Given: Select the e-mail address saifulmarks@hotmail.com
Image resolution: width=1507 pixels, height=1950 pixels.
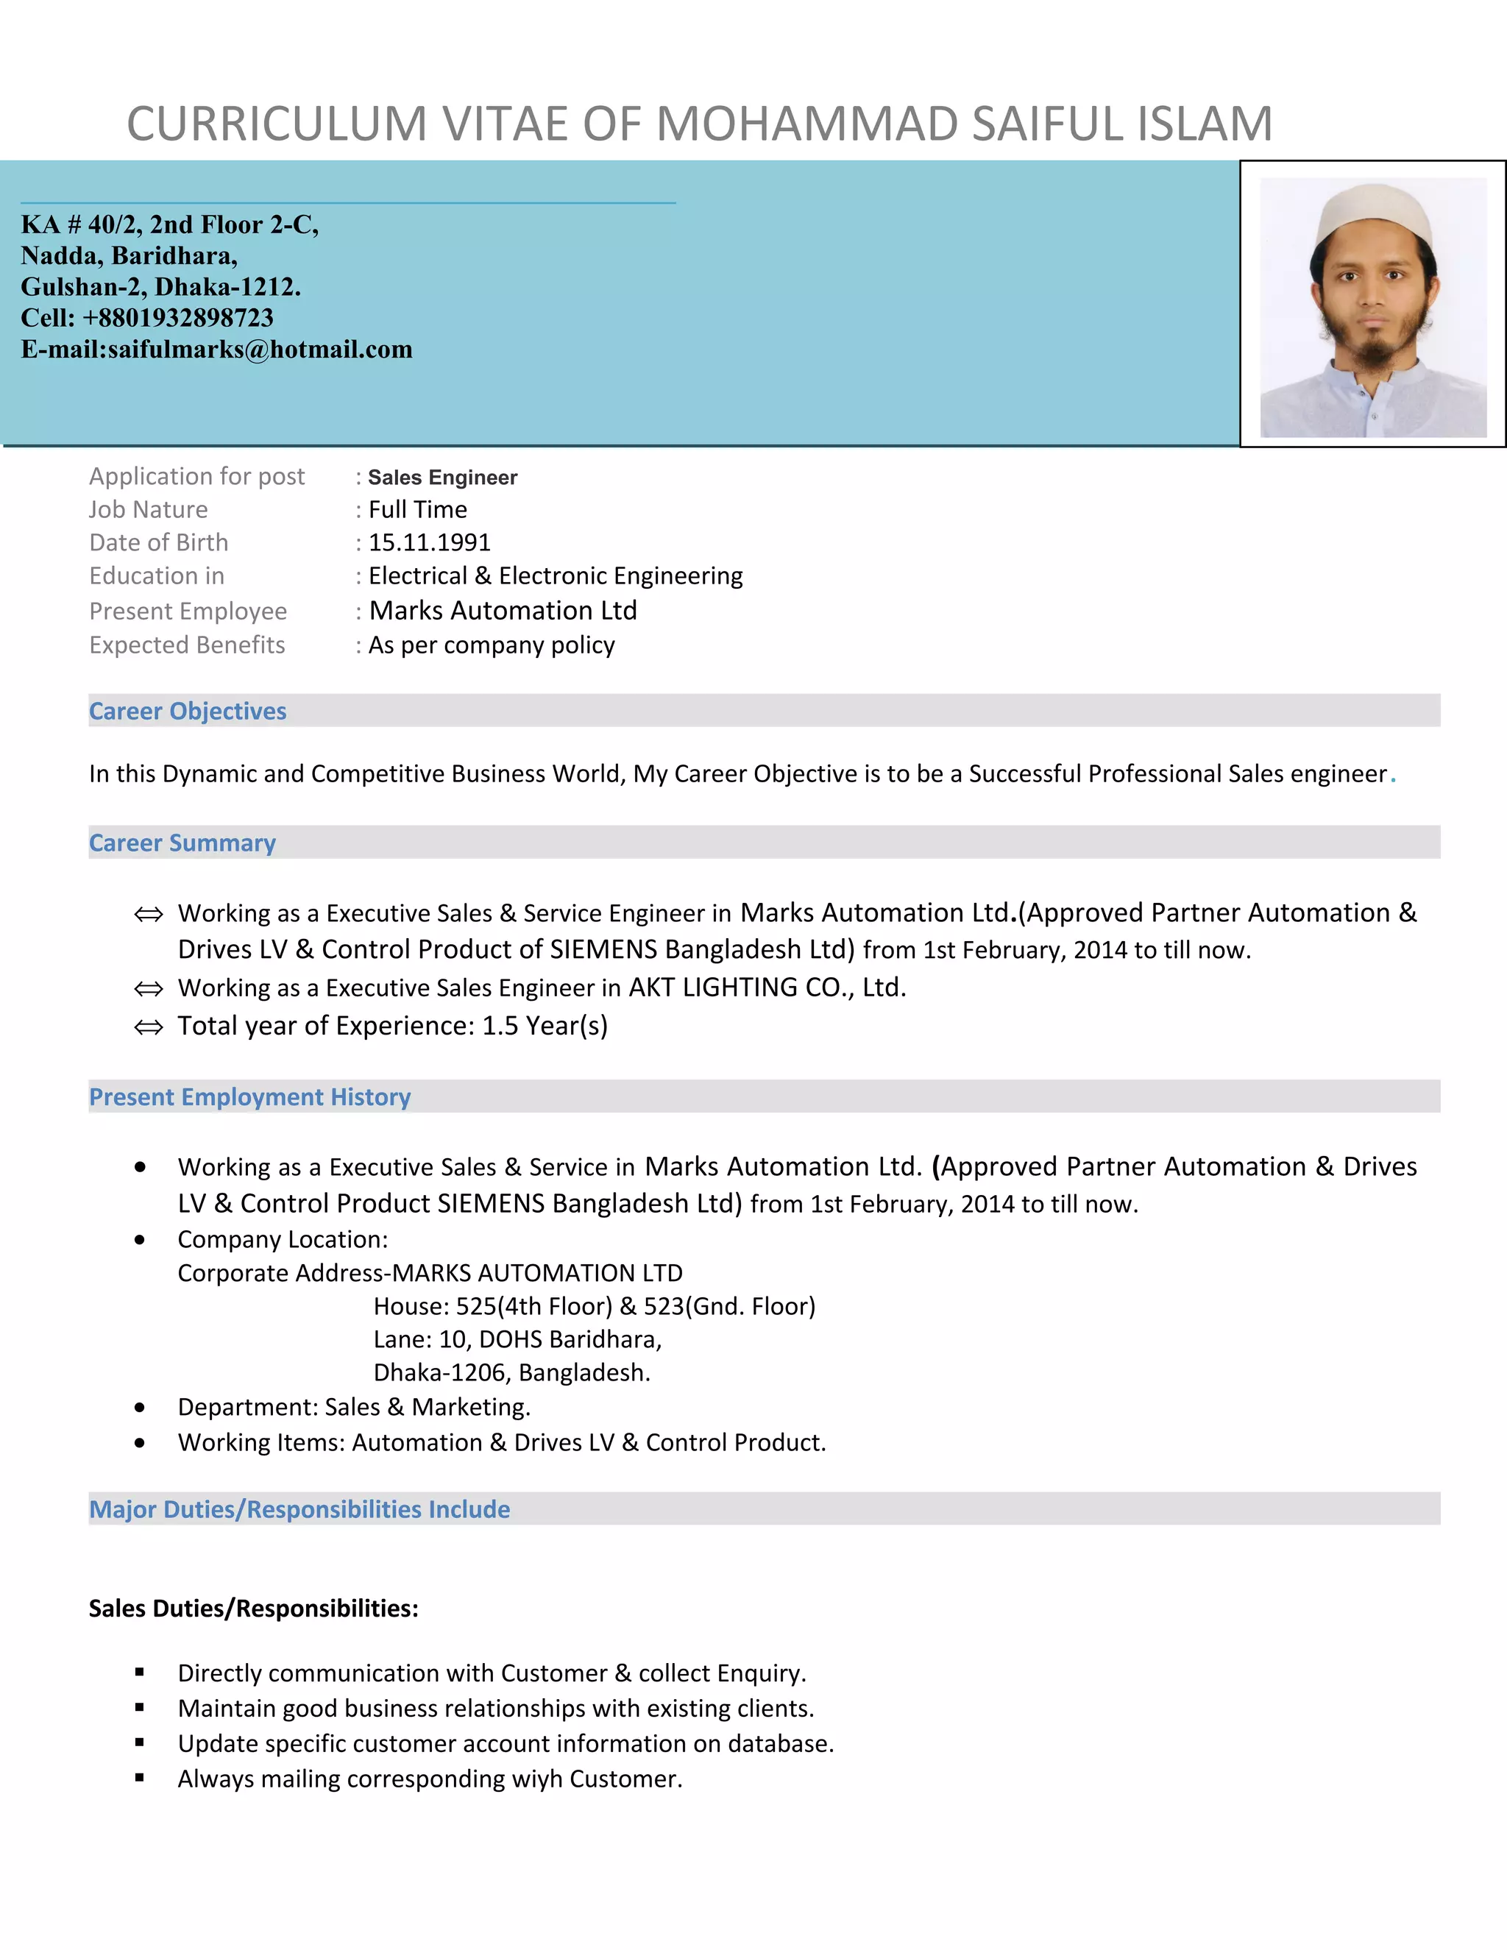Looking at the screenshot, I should point(260,349).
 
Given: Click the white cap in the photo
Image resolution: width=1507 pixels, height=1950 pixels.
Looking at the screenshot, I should point(1374,213).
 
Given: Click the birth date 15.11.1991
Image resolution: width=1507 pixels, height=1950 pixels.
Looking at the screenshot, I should point(430,543).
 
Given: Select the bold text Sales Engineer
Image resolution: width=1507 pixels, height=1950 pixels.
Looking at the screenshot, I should point(442,478).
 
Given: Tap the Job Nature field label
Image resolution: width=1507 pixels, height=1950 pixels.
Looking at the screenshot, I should point(148,510).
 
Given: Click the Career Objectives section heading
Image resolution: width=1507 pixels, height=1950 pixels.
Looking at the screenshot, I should point(188,712).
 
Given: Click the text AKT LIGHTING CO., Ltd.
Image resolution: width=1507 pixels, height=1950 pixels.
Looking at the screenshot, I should point(767,988).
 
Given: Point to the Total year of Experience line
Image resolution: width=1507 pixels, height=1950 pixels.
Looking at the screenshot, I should point(392,1026).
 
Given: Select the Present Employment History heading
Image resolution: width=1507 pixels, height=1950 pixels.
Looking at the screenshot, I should point(250,1097).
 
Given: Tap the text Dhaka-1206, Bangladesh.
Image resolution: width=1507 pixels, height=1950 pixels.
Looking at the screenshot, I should point(511,1372).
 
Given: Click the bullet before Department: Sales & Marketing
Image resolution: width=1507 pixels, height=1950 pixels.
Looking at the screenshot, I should point(140,1408).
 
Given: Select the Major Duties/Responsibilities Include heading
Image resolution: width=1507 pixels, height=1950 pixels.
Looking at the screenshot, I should point(299,1510).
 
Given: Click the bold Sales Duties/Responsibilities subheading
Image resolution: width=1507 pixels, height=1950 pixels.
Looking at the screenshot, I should point(254,1609).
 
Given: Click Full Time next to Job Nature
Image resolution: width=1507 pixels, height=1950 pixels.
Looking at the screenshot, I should point(418,510).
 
